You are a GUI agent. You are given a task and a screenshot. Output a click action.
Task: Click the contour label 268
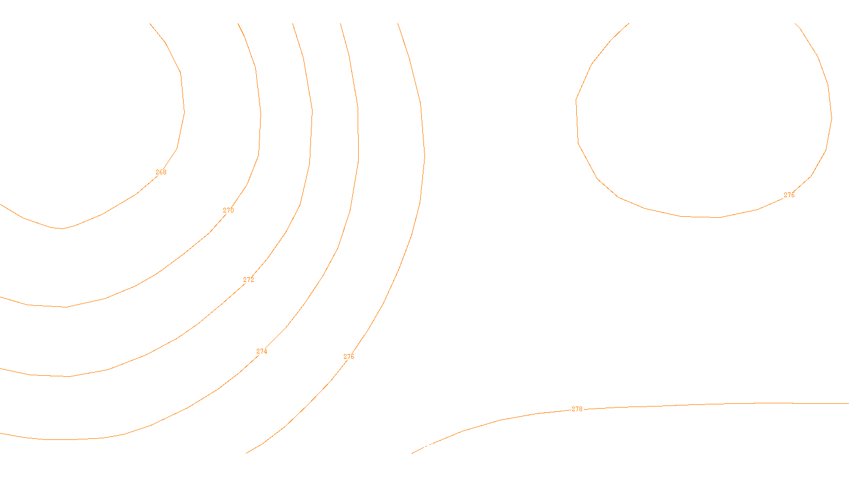161,172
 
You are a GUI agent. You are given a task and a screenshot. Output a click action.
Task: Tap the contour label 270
228,210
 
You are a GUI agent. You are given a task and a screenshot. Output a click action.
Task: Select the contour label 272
248,280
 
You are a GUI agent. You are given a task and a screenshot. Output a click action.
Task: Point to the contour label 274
262,351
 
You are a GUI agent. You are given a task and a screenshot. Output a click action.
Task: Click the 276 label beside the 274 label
349,357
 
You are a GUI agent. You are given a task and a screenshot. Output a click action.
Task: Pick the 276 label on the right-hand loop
789,195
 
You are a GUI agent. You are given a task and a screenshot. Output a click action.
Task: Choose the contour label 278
577,409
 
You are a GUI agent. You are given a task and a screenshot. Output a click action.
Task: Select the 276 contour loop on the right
577,122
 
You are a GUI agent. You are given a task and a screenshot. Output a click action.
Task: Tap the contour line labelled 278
690,405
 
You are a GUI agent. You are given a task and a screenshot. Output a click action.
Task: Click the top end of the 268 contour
150,23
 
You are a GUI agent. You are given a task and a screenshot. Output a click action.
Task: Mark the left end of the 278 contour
412,453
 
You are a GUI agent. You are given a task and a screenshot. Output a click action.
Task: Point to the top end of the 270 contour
238,23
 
